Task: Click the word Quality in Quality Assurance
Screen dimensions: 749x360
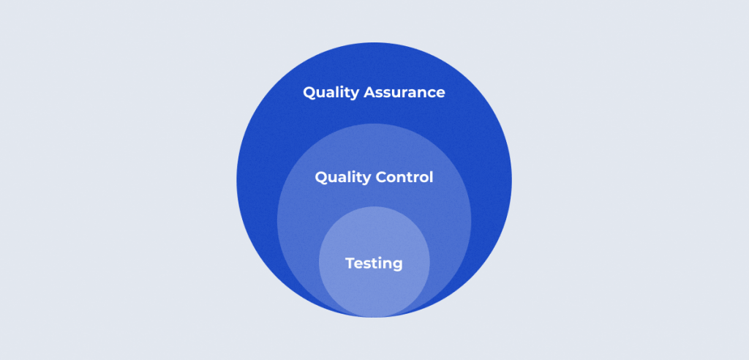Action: (331, 93)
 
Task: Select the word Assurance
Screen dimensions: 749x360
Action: (404, 92)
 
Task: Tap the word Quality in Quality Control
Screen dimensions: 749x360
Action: (343, 178)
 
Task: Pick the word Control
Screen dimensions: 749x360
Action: (404, 177)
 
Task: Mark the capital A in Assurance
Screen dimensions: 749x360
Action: (370, 92)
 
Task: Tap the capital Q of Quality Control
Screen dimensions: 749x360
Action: (323, 178)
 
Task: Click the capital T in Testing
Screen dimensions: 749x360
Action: (351, 263)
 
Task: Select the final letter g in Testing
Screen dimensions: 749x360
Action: (397, 266)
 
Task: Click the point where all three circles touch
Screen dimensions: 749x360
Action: (374, 317)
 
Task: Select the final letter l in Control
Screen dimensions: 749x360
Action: (432, 177)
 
